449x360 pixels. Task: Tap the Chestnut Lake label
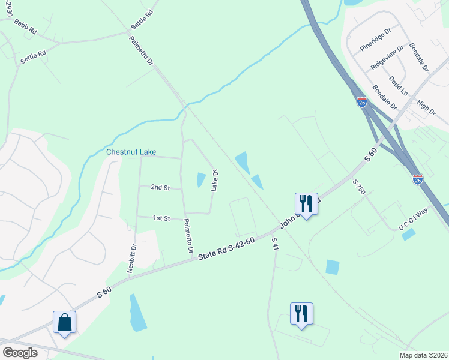131,152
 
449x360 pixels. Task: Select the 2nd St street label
160,188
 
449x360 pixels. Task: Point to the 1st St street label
161,218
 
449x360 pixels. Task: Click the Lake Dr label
214,181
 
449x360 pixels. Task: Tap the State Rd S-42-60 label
227,249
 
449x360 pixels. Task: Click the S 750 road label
359,187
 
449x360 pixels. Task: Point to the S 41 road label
274,243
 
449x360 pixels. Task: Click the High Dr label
426,107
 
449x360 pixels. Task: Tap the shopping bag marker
65,323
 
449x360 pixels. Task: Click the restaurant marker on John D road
306,204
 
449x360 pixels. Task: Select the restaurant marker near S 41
301,314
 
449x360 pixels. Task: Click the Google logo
20,353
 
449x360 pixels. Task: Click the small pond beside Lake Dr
200,179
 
